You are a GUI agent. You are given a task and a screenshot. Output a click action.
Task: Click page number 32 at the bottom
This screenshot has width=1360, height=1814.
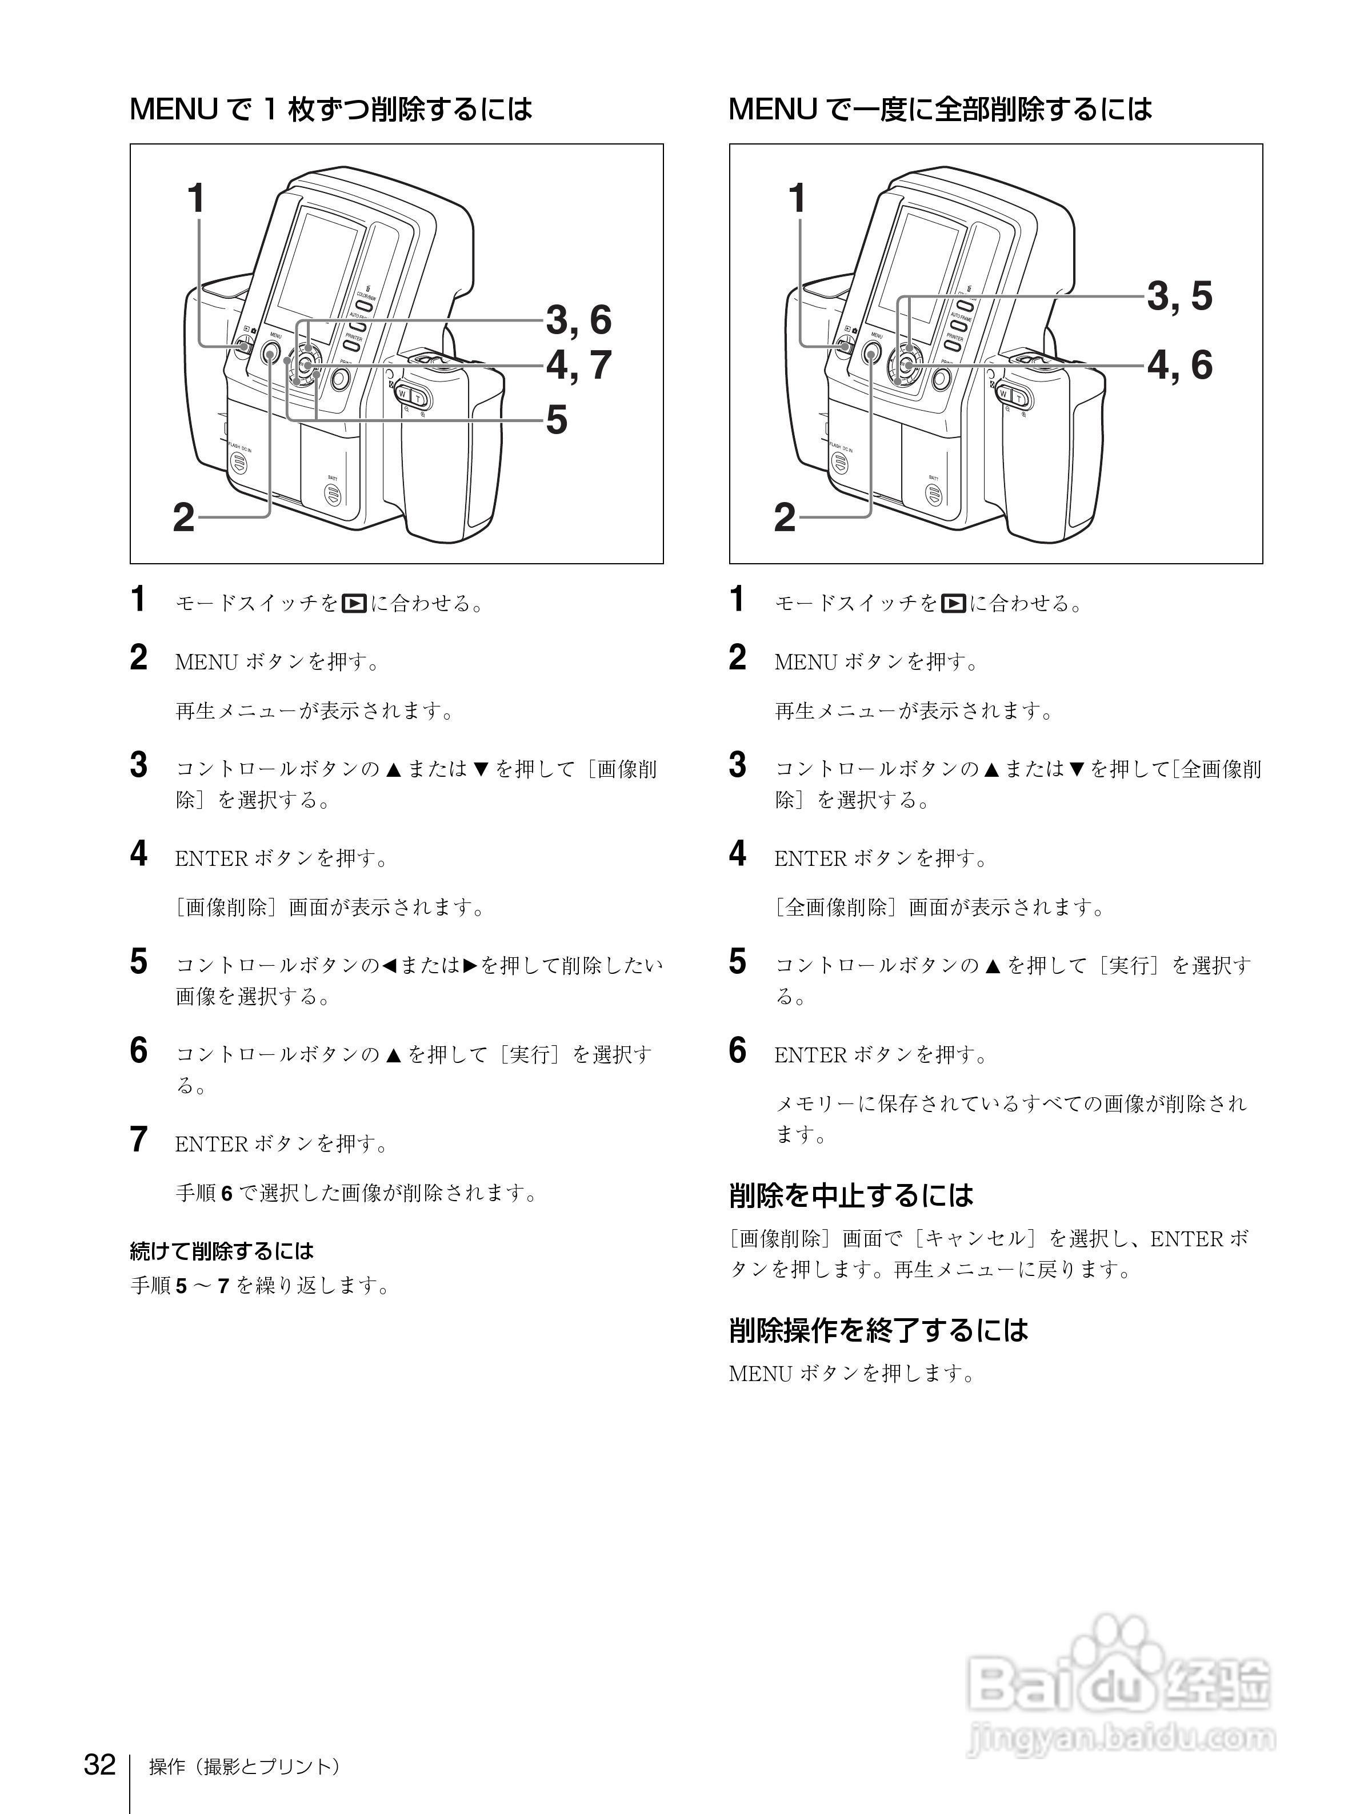(x=99, y=1763)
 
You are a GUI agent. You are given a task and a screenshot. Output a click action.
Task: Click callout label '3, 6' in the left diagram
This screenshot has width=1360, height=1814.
(x=579, y=320)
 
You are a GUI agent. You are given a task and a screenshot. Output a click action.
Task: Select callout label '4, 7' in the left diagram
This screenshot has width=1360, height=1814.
(x=579, y=365)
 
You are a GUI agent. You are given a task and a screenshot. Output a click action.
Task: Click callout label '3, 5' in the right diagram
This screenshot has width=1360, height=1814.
(x=1179, y=296)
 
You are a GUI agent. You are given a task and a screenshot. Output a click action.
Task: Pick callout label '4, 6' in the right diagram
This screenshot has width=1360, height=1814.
(x=1179, y=365)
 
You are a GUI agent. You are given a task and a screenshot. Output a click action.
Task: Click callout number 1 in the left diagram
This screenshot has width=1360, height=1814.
(x=195, y=198)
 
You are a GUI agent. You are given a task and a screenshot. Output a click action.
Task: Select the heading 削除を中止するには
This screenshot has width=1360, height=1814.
(x=851, y=1195)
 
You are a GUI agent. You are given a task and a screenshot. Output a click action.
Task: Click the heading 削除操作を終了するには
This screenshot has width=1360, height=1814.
(x=878, y=1329)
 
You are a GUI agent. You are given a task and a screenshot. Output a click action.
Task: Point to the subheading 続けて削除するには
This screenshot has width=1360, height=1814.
(x=222, y=1251)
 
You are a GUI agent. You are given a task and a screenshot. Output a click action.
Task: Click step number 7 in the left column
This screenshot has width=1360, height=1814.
(x=139, y=1140)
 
